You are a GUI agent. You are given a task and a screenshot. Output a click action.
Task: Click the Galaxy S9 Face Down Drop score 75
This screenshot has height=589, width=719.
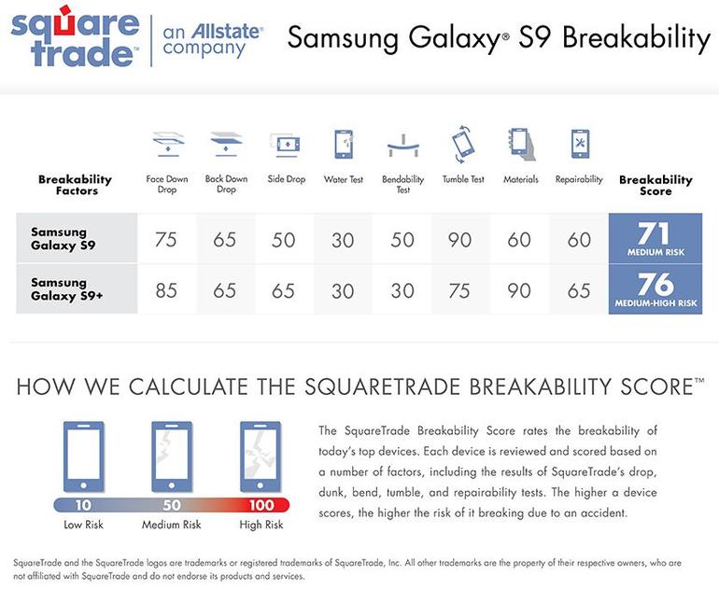coord(165,239)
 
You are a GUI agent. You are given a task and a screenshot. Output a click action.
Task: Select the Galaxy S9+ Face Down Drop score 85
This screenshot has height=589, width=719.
coord(166,290)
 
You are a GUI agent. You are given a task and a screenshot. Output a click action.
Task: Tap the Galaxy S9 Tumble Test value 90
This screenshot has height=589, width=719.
coord(460,239)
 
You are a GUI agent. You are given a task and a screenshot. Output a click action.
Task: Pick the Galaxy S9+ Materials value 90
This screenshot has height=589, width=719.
coord(519,290)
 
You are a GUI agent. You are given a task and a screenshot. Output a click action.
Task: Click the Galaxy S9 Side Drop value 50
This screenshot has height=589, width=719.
coord(283,240)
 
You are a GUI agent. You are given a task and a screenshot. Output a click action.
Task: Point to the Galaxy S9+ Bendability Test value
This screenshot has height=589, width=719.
coord(402,290)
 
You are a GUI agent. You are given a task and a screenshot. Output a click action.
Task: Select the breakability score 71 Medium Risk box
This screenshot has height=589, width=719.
coord(656,238)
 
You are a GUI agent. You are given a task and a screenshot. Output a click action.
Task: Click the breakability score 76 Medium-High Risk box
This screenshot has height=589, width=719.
coord(656,289)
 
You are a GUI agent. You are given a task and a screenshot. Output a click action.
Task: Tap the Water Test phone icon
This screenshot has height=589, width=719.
coord(344,145)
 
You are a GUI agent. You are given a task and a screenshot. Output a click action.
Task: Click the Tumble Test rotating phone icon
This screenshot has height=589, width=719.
coord(462,144)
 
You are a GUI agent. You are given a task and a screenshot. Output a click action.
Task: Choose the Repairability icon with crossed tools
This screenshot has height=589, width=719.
coord(580,144)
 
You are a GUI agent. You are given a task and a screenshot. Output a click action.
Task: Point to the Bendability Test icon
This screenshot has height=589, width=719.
coord(403,146)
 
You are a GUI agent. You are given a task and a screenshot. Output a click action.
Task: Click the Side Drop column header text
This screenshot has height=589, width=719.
coord(287,179)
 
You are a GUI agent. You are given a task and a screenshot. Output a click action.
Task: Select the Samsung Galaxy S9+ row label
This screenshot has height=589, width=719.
coord(67,289)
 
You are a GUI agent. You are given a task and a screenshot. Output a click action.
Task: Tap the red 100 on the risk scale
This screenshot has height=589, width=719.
coord(261,505)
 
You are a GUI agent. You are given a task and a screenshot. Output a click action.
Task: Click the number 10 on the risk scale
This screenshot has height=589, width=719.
coord(83,505)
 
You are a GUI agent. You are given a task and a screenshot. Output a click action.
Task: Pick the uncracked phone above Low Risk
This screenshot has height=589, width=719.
coord(83,457)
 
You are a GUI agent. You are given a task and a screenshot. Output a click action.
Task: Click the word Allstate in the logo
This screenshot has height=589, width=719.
coord(227,31)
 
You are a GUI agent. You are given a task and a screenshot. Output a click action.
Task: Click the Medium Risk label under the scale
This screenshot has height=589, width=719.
coord(172,525)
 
